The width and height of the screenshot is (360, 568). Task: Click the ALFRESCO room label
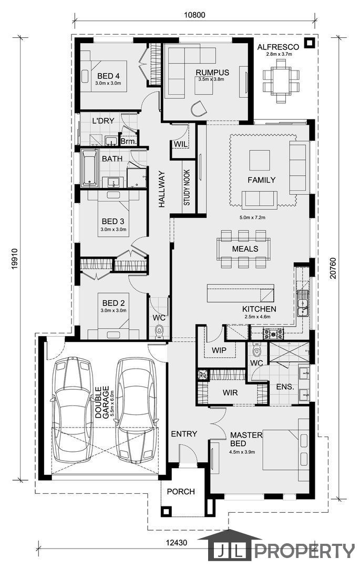(x=278, y=47)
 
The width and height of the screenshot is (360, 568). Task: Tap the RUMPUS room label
(x=212, y=73)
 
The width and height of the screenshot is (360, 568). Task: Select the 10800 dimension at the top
(x=194, y=15)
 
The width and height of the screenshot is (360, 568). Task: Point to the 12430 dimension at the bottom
(x=177, y=543)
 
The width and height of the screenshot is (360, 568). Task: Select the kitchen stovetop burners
(x=273, y=333)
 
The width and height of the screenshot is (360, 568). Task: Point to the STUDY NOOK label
(x=187, y=188)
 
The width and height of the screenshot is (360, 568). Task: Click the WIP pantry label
(x=219, y=350)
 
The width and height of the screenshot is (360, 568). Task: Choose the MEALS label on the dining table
(x=245, y=249)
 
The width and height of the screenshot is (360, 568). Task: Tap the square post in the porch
(x=166, y=512)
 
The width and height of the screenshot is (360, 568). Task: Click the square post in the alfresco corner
(x=309, y=43)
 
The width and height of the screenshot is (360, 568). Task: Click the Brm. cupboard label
(x=128, y=141)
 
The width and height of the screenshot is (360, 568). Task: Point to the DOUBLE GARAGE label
(x=102, y=402)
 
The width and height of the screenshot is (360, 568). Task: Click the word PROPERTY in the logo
(x=304, y=551)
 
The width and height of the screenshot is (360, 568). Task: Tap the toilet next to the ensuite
(x=256, y=350)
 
